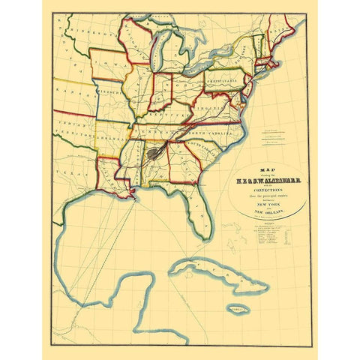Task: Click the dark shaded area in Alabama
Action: tap(154, 153)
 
